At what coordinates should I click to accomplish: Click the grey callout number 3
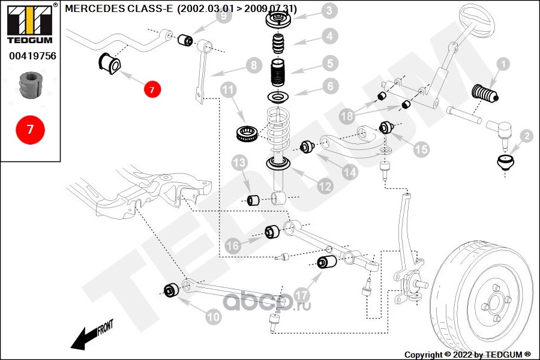329,10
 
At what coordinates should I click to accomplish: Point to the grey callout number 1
502,64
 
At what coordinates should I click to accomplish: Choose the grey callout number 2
526,137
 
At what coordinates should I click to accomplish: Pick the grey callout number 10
213,317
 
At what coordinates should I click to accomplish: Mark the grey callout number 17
302,296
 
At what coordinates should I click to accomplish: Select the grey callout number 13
239,162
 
